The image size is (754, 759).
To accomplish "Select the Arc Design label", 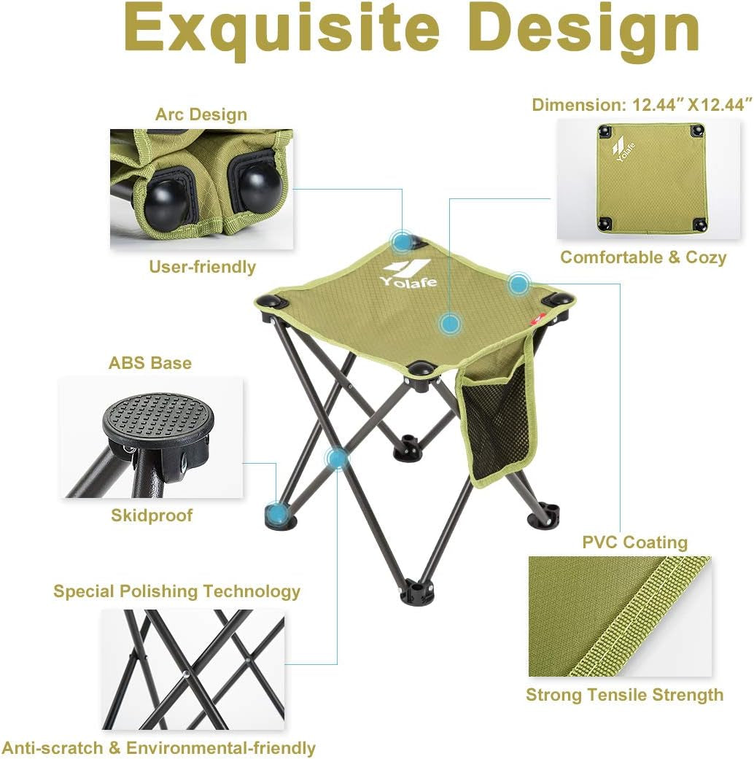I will pyautogui.click(x=201, y=114).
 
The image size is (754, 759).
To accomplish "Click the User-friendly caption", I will pyautogui.click(x=203, y=267).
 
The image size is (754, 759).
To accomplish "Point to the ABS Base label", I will pyautogui.click(x=150, y=363).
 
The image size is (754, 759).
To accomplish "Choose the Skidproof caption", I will pyautogui.click(x=152, y=515).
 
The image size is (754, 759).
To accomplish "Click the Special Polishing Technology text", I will pyautogui.click(x=177, y=591).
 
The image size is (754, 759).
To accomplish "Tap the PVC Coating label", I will pyautogui.click(x=635, y=542).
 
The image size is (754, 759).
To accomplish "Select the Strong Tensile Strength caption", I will pyautogui.click(x=625, y=695).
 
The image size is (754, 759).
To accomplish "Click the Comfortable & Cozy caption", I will pyautogui.click(x=643, y=257).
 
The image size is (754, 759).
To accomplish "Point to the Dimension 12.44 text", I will pyautogui.click(x=642, y=104).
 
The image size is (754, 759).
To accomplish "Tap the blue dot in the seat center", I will pyautogui.click(x=451, y=322).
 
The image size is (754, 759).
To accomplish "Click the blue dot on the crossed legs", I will pyautogui.click(x=337, y=458).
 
